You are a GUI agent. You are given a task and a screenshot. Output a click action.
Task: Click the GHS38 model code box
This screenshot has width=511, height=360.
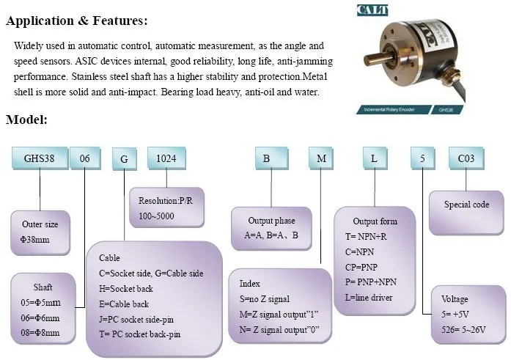tap(40, 158)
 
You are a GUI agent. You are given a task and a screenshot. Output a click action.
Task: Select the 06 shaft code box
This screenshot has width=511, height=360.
tap(85, 158)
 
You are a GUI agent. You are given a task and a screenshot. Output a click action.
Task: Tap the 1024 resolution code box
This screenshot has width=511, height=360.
tap(166, 158)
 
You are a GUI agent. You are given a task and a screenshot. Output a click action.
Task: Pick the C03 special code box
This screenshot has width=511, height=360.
tap(466, 158)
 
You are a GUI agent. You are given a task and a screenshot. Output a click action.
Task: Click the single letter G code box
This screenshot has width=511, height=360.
tap(124, 158)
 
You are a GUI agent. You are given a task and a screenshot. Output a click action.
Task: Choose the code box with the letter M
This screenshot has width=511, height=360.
tap(321, 158)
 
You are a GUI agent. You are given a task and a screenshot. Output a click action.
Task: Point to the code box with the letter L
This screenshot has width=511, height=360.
tap(375, 158)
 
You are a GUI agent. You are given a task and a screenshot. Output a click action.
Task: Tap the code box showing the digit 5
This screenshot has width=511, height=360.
tap(422, 158)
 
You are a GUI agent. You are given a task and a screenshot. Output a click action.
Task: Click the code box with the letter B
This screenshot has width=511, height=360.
tap(271, 158)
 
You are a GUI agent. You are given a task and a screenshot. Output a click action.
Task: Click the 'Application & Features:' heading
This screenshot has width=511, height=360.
tap(76, 21)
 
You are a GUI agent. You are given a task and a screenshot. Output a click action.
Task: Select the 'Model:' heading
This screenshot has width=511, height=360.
tap(26, 120)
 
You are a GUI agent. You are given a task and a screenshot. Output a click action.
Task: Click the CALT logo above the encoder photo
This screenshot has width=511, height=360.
tap(372, 10)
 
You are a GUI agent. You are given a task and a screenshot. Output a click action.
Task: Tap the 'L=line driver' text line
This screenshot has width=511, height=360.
tap(369, 298)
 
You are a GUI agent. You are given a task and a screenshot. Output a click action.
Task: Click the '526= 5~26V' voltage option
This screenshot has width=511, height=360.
tap(463, 330)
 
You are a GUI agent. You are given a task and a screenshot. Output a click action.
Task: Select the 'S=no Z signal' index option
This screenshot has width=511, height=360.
tap(265, 299)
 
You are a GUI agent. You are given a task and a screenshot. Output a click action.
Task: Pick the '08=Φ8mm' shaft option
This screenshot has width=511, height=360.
tap(40, 333)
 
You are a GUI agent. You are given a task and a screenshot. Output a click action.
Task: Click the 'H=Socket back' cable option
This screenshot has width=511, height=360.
tap(126, 289)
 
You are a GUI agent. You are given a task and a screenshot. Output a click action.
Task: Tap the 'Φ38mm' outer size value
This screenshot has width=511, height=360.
tap(35, 240)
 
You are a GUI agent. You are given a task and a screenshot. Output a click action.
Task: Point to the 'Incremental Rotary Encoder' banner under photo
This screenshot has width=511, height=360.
tap(394, 109)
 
